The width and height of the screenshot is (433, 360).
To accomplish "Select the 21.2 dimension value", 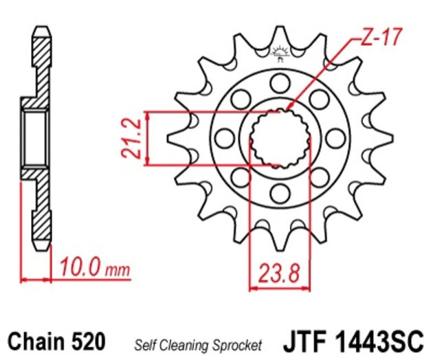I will point(132,137).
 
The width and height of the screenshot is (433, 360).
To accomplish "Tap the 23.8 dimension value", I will point(280,273).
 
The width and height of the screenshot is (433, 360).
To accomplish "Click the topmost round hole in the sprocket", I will point(278,84).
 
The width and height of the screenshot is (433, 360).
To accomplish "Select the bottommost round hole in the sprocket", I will point(278,192).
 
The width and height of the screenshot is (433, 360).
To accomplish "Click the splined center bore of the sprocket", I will point(279,138).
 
